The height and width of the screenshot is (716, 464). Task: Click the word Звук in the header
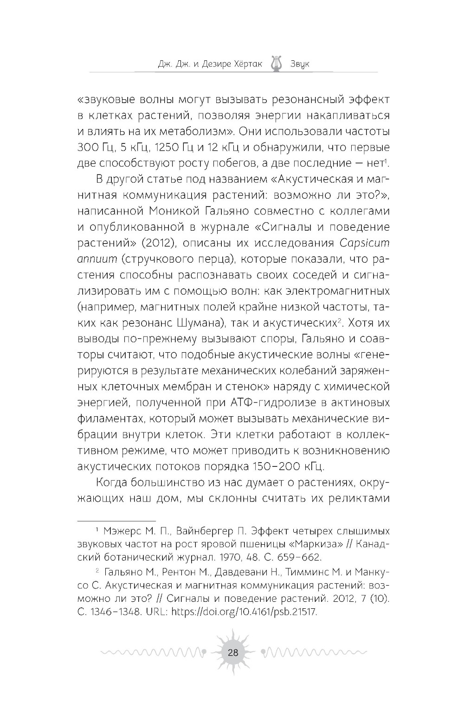point(298,64)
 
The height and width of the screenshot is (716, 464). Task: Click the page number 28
point(232,652)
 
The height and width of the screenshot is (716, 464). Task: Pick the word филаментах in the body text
point(106,418)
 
